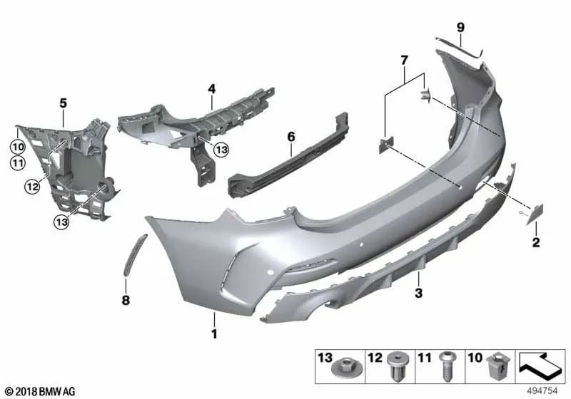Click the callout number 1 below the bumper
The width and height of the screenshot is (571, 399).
[213, 333]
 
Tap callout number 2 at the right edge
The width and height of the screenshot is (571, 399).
[535, 244]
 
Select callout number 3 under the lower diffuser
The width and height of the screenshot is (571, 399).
[419, 292]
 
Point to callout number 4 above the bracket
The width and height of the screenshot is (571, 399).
[212, 88]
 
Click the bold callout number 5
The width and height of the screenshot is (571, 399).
[63, 103]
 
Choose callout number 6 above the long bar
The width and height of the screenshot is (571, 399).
[290, 134]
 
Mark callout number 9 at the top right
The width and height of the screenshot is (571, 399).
[461, 27]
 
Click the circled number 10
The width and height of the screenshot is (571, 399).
[16, 147]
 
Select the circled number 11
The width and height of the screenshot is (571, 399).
[16, 164]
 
